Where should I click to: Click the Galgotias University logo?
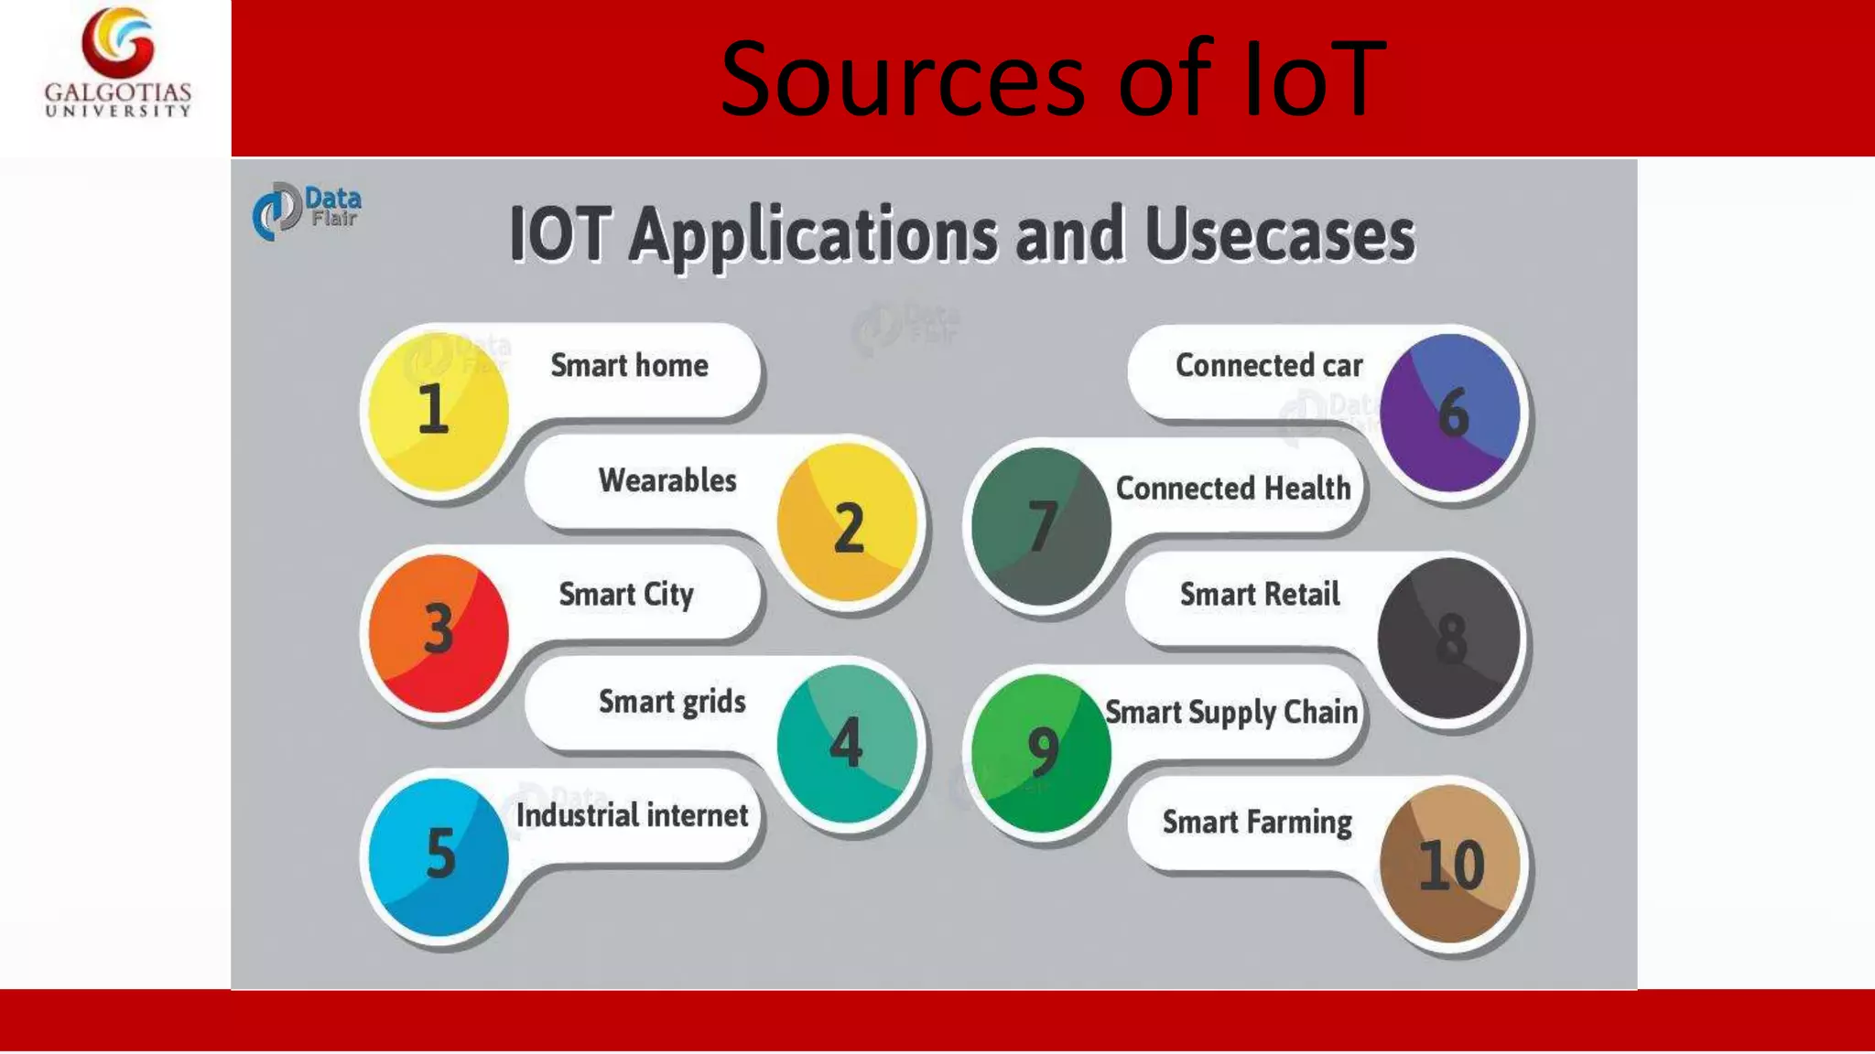(118, 62)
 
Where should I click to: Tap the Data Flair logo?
(307, 210)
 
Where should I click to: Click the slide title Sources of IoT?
(1053, 80)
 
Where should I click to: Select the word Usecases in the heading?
(1279, 235)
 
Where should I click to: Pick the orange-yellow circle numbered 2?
(847, 523)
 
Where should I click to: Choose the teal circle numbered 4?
(847, 743)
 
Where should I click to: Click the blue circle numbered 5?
(438, 856)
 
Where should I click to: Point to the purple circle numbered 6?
(1450, 412)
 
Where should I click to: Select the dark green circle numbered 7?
(1041, 526)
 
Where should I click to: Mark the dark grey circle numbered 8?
(1449, 638)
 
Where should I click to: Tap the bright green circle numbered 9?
(1041, 752)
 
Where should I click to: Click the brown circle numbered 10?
(1450, 864)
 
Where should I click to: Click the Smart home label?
(629, 366)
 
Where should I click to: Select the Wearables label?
(667, 480)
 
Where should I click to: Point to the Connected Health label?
(1233, 489)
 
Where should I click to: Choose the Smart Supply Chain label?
(1231, 712)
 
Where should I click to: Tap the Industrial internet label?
(632, 815)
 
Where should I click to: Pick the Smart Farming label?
(1257, 823)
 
